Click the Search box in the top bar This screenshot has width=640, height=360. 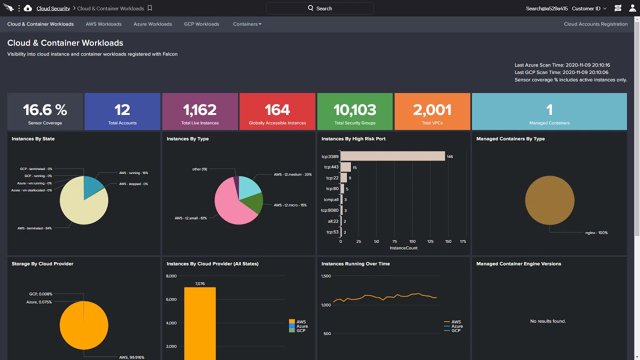tap(320, 8)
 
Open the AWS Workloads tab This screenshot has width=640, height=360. tap(103, 24)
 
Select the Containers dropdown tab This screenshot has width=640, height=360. tap(247, 24)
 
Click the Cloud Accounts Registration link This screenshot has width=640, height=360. tap(595, 24)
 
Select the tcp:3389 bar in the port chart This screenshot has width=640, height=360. tap(392, 156)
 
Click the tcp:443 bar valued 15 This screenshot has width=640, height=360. tap(345, 167)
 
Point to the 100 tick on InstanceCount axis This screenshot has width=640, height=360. tap(412, 241)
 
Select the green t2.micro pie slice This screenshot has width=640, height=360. tap(253, 202)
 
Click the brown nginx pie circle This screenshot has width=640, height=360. tap(549, 200)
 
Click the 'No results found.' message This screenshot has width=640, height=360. tap(548, 321)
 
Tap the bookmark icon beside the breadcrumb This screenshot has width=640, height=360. tap(150, 8)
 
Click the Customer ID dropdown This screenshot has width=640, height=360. tap(589, 8)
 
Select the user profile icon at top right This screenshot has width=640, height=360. tap(632, 8)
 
